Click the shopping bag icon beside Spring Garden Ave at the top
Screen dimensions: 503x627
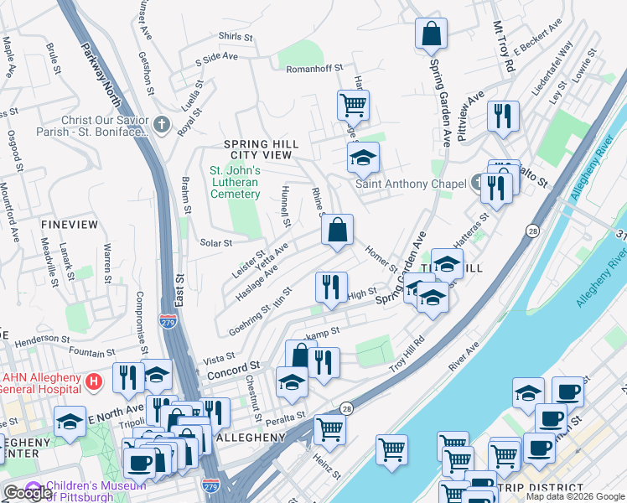[x=431, y=34]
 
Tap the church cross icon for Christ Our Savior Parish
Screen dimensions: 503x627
[x=163, y=126]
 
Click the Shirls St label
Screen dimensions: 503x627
[x=236, y=37]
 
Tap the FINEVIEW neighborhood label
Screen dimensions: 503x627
[x=68, y=225]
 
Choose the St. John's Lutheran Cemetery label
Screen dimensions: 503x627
[x=235, y=183]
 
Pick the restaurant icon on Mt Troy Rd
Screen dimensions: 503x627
[x=502, y=117]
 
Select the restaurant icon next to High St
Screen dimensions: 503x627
[x=331, y=287]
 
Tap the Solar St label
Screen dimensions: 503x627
[x=215, y=243]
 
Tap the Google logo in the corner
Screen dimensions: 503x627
[x=27, y=493]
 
